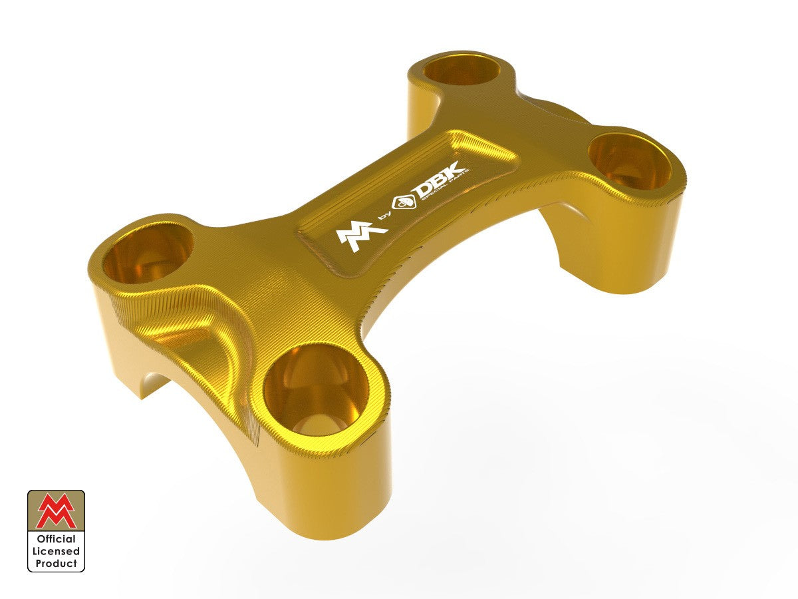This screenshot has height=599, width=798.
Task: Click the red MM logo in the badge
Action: pos(56,511)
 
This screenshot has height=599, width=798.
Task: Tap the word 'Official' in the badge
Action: pos(56,539)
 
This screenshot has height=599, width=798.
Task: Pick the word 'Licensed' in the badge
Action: pos(56,551)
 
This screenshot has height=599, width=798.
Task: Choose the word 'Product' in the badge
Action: pos(56,563)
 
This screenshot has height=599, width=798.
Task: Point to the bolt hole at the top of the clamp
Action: pos(464,70)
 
